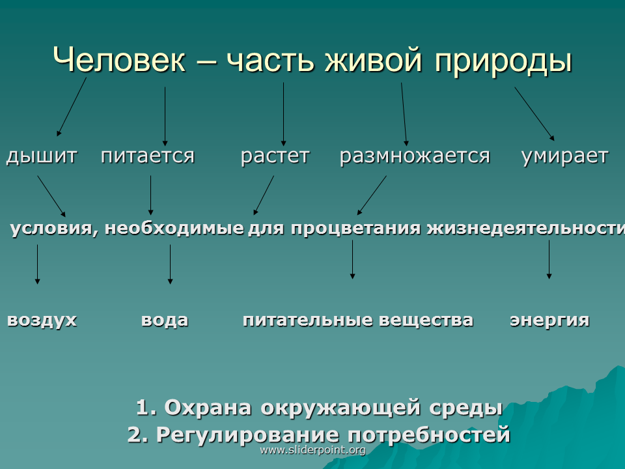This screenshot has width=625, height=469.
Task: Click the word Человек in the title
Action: click(119, 59)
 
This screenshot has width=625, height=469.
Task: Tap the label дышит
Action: click(42, 156)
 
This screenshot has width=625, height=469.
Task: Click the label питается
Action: click(148, 156)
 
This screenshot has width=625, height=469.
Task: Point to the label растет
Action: click(275, 156)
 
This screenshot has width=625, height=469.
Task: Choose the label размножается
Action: click(415, 156)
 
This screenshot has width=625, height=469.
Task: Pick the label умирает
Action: click(565, 156)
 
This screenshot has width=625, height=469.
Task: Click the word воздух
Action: click(42, 320)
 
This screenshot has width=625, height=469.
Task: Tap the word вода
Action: click(165, 320)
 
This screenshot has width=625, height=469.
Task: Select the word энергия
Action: click(549, 320)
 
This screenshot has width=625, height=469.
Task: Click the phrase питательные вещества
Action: click(358, 320)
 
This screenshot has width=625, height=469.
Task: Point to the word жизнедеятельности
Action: click(526, 229)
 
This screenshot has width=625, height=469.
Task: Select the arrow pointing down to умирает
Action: click(535, 113)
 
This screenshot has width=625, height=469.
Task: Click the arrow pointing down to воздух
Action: click(38, 264)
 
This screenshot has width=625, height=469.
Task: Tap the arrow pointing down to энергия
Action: click(549, 259)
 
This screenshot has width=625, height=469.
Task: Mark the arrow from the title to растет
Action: click(283, 114)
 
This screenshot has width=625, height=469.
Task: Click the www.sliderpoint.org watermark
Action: click(312, 450)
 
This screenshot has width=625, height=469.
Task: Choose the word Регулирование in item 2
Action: click(247, 434)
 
